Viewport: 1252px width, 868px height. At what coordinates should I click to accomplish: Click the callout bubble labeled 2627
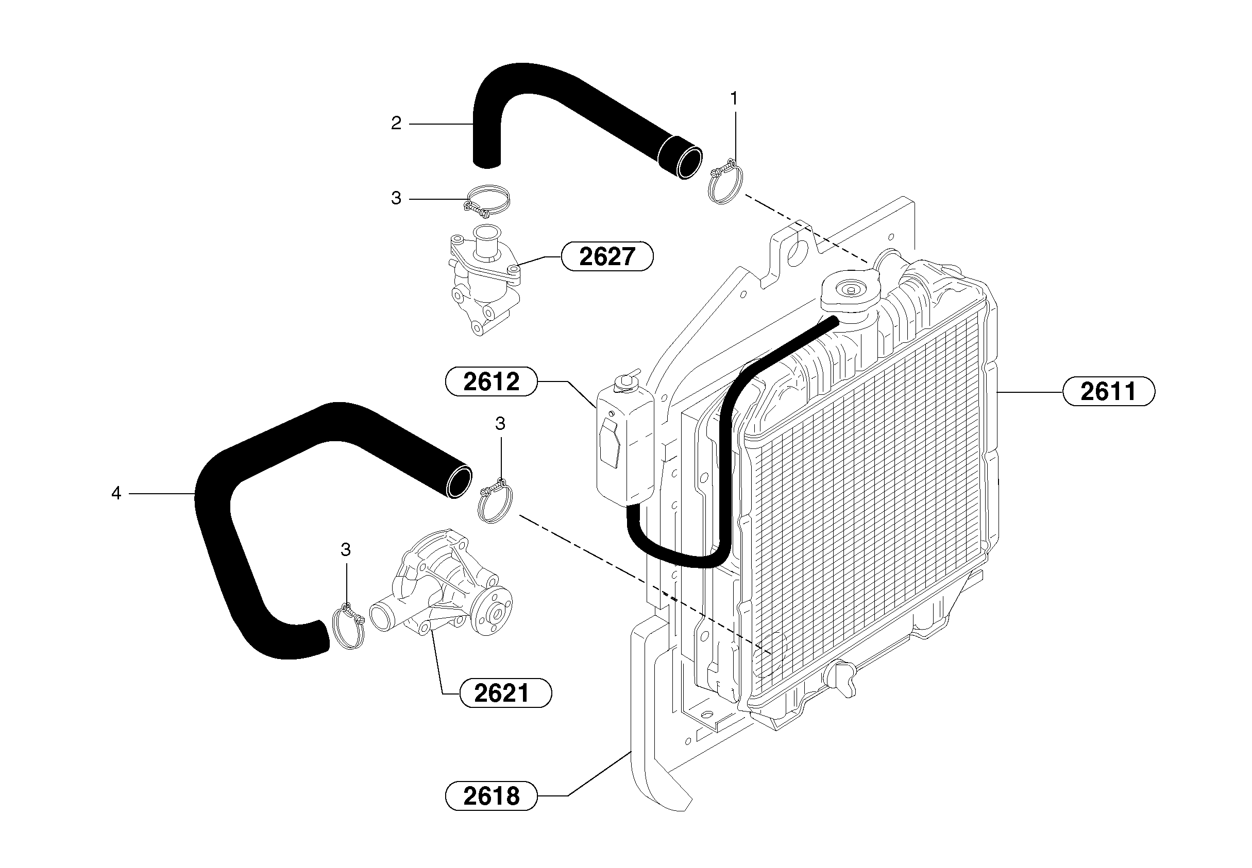(x=607, y=257)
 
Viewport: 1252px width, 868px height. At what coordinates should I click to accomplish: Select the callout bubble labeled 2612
(x=491, y=382)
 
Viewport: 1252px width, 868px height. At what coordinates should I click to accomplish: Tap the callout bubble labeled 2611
(x=1108, y=392)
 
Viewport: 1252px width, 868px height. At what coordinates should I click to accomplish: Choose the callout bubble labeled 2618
(x=491, y=796)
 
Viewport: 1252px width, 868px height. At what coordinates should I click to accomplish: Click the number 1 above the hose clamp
(x=734, y=99)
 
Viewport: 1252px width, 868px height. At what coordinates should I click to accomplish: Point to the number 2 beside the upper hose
(x=396, y=124)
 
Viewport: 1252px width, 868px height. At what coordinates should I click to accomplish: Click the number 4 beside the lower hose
(x=116, y=493)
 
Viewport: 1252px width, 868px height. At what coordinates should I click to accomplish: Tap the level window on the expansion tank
(x=610, y=446)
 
